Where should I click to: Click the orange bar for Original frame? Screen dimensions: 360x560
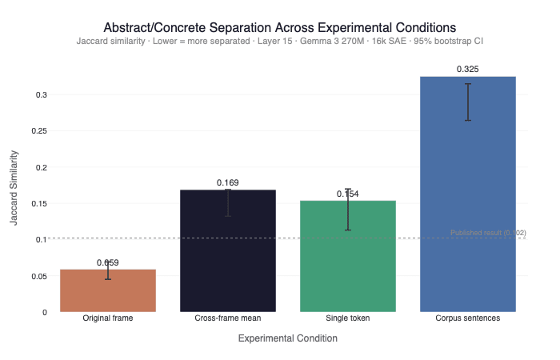pyautogui.click(x=108, y=291)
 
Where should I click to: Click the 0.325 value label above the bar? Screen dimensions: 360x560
pyautogui.click(x=468, y=70)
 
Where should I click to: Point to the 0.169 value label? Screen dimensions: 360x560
pyautogui.click(x=228, y=183)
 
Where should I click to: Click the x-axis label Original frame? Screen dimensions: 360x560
pyautogui.click(x=108, y=318)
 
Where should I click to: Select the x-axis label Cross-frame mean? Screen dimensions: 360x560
pyautogui.click(x=228, y=318)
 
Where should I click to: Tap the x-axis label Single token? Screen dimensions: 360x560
pyautogui.click(x=348, y=318)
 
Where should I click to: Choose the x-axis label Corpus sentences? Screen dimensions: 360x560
pyautogui.click(x=468, y=318)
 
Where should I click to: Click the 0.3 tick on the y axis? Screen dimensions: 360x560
pyautogui.click(x=41, y=95)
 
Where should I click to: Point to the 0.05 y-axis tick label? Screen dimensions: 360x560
pyautogui.click(x=38, y=276)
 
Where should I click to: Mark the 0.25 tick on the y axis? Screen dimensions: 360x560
pyautogui.click(x=38, y=131)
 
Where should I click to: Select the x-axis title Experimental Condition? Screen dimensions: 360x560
pyautogui.click(x=288, y=338)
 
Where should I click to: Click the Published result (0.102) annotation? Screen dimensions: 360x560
pyautogui.click(x=488, y=233)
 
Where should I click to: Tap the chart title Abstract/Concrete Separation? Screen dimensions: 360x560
pyautogui.click(x=280, y=27)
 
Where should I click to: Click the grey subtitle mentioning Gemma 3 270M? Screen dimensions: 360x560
pyautogui.click(x=280, y=41)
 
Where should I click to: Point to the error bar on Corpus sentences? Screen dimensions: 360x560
pyautogui.click(x=468, y=102)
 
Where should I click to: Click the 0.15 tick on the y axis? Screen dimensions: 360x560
pyautogui.click(x=38, y=204)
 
